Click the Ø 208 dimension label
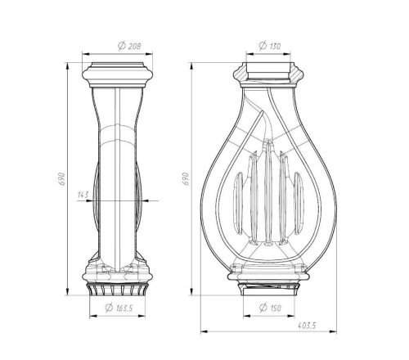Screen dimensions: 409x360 pyautogui.click(x=129, y=46)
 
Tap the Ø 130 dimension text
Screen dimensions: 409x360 pyautogui.click(x=269, y=46)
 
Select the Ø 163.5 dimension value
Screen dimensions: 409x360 pyautogui.click(x=119, y=308)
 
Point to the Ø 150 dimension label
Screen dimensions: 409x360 pyautogui.click(x=270, y=308)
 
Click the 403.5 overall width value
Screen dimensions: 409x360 pyautogui.click(x=307, y=326)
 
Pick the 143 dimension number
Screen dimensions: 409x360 pyautogui.click(x=83, y=195)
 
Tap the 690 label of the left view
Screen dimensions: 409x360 pyautogui.click(x=62, y=179)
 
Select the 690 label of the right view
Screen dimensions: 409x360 pyautogui.click(x=186, y=179)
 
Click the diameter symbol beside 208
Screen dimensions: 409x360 pyautogui.click(x=122, y=46)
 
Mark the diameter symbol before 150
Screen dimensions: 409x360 pyautogui.click(x=263, y=308)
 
